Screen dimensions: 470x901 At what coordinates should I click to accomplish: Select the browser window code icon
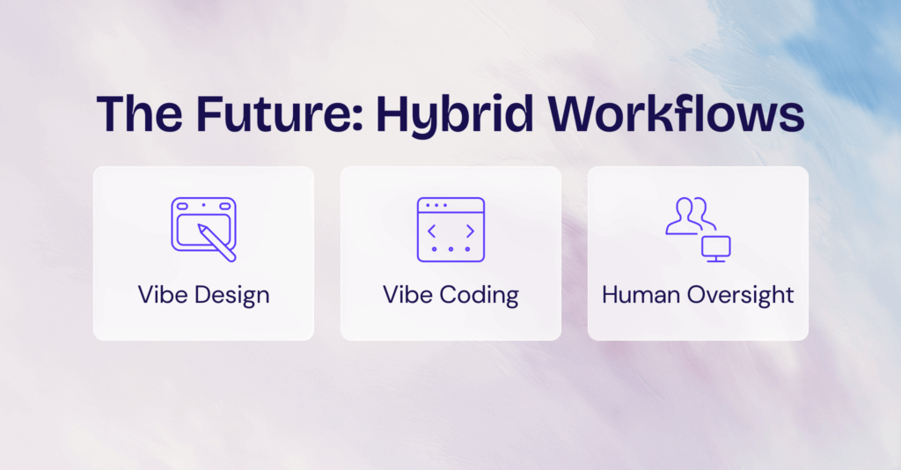tap(450, 229)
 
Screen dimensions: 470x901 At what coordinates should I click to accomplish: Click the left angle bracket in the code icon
tap(432, 231)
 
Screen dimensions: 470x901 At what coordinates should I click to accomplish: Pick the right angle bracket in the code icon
tap(469, 231)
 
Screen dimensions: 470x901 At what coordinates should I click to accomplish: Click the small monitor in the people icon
tap(717, 246)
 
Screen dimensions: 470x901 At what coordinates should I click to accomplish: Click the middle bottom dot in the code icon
tap(450, 250)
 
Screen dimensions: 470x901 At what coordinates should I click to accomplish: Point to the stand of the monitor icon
tap(717, 259)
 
